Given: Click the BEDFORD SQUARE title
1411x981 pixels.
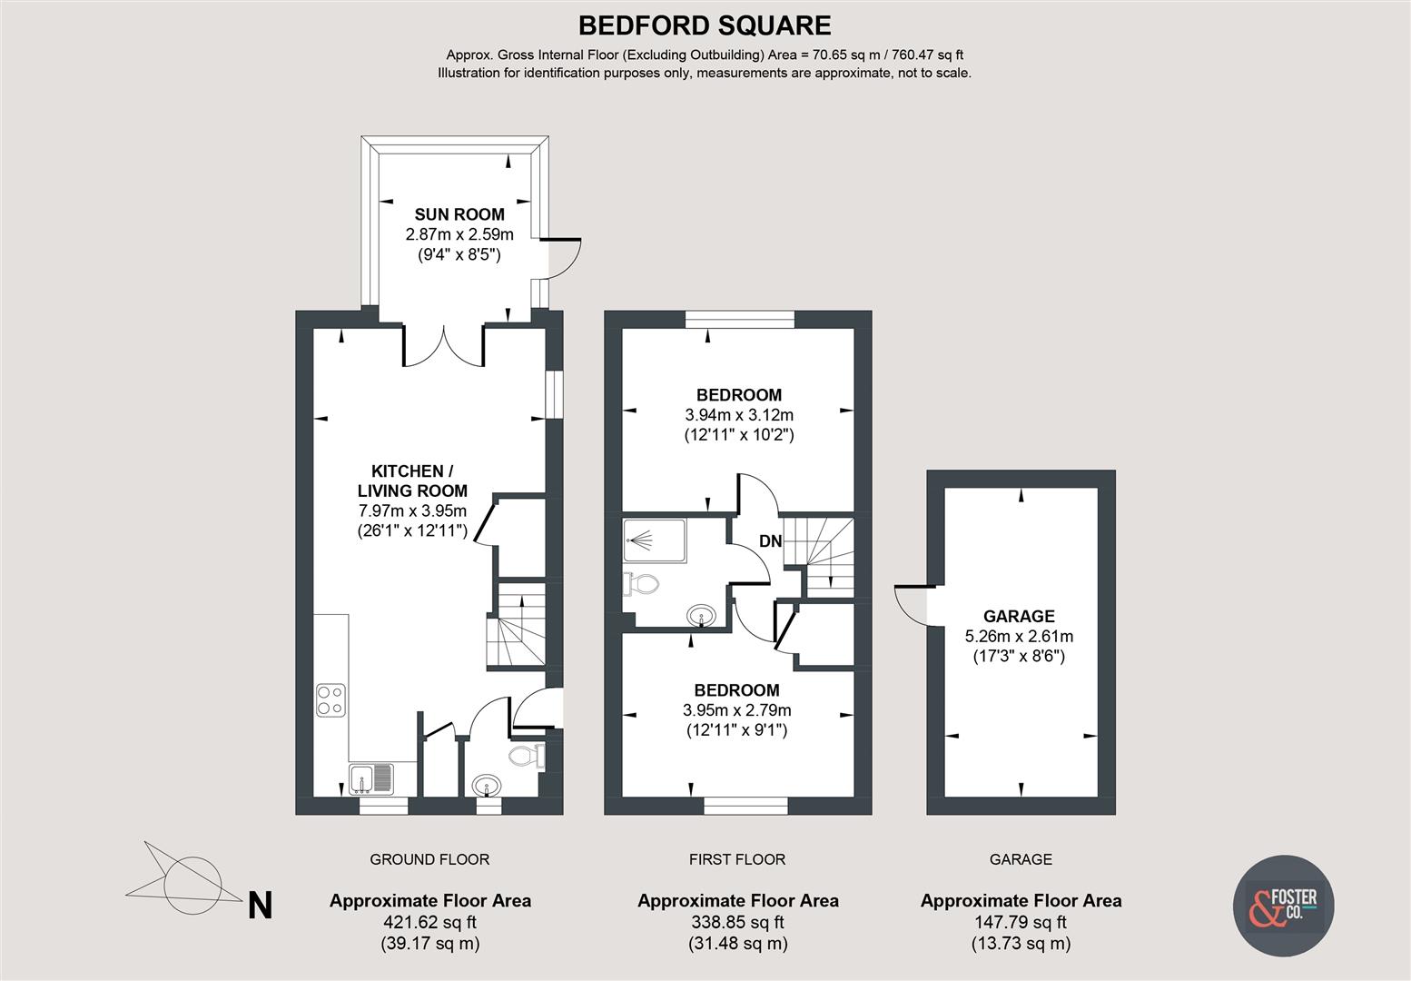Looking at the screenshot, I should (x=705, y=25).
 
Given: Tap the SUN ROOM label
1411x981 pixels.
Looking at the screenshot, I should (x=459, y=215).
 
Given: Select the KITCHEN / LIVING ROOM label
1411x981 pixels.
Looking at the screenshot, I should (x=412, y=481).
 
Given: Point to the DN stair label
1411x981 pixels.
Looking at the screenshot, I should (x=770, y=542).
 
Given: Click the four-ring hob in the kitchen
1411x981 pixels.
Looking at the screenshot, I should (x=331, y=699).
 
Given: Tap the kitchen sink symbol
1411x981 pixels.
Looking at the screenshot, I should (x=371, y=778).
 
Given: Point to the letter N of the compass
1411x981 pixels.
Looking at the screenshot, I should (x=261, y=906).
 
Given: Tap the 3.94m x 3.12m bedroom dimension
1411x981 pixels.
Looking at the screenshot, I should (x=738, y=415).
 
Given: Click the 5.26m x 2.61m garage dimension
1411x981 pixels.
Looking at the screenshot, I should (x=1018, y=636).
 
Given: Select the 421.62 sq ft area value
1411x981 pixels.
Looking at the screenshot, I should (x=429, y=923).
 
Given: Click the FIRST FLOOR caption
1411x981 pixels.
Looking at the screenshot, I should (x=736, y=859).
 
